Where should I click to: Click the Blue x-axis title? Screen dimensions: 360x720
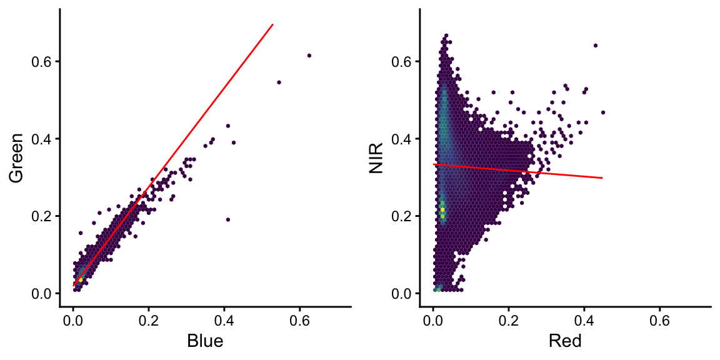(205, 341)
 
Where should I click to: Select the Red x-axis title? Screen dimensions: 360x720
(565, 341)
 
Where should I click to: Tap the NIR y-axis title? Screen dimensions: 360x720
(377, 157)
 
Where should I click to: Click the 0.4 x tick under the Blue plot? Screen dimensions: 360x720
(224, 321)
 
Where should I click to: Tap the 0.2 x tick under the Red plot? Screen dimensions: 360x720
(509, 321)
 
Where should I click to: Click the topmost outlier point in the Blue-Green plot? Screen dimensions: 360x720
(309, 55)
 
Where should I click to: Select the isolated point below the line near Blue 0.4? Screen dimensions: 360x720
(228, 219)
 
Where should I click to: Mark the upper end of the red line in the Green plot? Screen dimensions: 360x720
(273, 24)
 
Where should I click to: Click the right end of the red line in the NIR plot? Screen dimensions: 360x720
(602, 178)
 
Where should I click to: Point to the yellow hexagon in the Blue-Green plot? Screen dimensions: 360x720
(81, 279)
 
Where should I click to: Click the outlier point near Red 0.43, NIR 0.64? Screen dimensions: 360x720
(595, 45)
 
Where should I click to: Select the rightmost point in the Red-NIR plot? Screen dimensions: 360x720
(603, 112)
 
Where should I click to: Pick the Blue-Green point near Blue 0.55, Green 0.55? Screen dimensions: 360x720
(279, 82)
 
